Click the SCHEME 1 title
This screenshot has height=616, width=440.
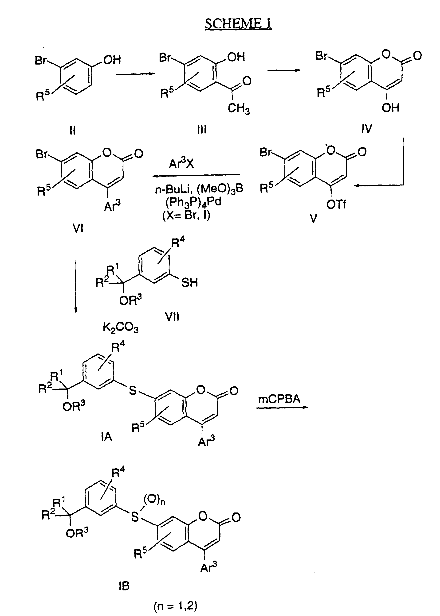click(238, 23)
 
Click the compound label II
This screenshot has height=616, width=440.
click(72, 131)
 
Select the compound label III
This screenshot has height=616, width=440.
click(202, 130)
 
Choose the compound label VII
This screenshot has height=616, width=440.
click(172, 316)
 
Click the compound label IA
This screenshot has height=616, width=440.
click(106, 437)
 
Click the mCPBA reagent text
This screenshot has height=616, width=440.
click(279, 399)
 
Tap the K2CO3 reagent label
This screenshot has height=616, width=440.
click(121, 328)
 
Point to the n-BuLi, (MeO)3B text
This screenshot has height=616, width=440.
click(199, 189)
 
